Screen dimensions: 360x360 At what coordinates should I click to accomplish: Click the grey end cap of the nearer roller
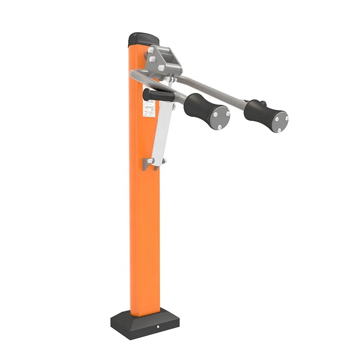click(219, 118)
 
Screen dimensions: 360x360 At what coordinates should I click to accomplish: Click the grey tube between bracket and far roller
click(211, 90)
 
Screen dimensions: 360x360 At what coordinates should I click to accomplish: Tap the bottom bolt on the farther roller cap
click(279, 130)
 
